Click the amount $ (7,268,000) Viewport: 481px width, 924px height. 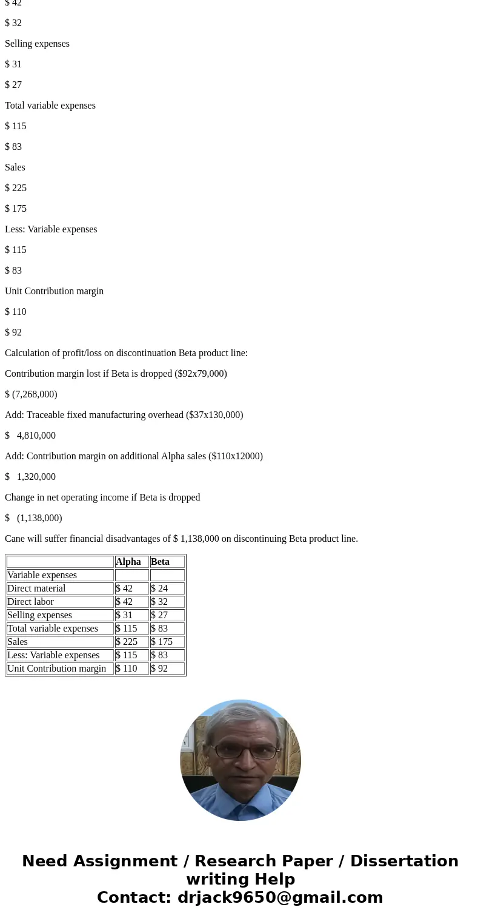(x=31, y=394)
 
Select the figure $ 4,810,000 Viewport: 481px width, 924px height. (x=30, y=436)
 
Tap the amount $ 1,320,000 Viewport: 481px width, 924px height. (x=30, y=477)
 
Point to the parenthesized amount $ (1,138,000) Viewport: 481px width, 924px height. (x=33, y=518)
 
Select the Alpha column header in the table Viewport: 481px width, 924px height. (x=128, y=562)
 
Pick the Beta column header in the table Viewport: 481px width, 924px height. (x=161, y=562)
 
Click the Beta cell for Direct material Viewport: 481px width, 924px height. (x=160, y=588)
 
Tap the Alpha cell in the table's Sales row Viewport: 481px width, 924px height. (x=127, y=642)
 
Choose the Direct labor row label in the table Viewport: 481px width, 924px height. (x=30, y=602)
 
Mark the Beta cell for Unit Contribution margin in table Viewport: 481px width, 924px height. (x=160, y=669)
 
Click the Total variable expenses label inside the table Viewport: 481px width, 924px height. (x=53, y=629)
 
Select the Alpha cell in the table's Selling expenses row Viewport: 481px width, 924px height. (x=124, y=615)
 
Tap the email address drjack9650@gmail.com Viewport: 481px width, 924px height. (x=280, y=898)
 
